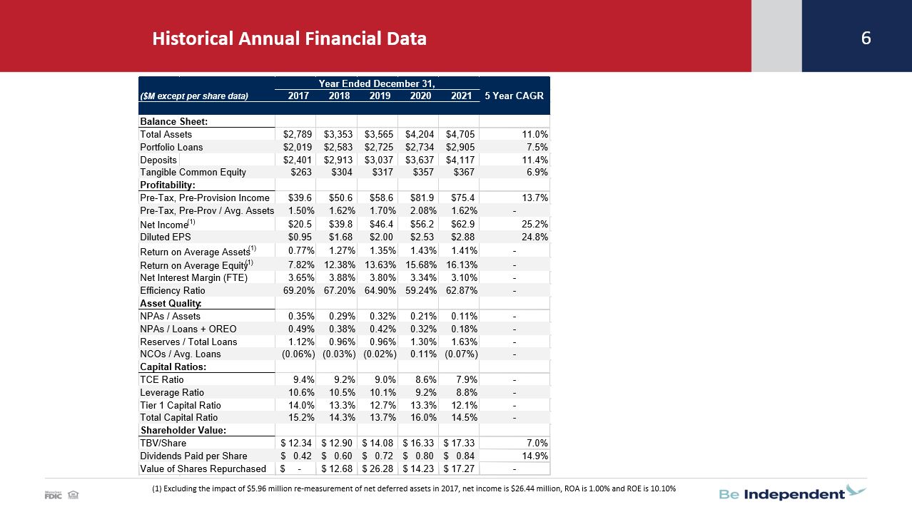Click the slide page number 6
(x=866, y=39)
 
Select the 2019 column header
(x=380, y=96)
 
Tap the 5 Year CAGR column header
(x=514, y=96)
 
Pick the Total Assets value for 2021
(x=460, y=134)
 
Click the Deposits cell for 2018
(x=338, y=160)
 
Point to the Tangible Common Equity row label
(x=193, y=172)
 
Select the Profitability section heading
(x=168, y=185)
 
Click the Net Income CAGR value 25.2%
(x=534, y=224)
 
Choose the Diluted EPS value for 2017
(x=300, y=237)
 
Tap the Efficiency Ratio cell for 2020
(x=421, y=291)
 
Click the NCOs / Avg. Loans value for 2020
(x=423, y=354)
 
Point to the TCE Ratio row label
(x=162, y=380)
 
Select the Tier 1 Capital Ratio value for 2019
(x=382, y=405)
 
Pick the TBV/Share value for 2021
(x=459, y=443)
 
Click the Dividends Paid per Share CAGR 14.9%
(x=534, y=456)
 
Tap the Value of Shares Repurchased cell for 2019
(x=378, y=469)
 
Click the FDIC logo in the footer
(x=54, y=495)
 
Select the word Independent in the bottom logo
(x=794, y=494)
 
